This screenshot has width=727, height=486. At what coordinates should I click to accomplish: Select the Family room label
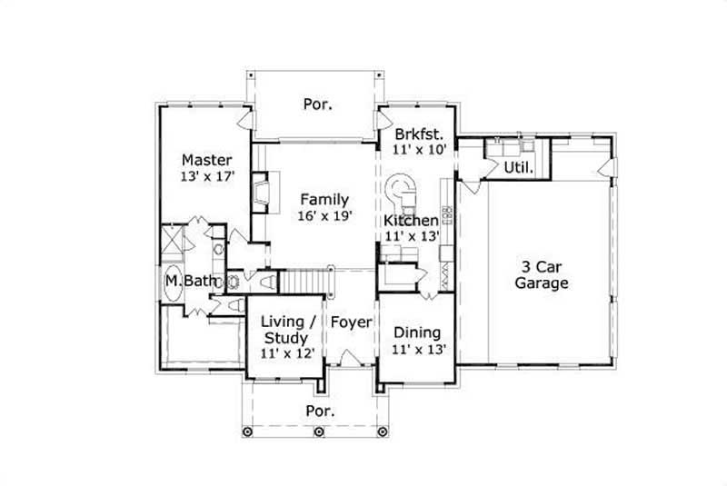324,199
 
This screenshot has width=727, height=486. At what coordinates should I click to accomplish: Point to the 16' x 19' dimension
324,216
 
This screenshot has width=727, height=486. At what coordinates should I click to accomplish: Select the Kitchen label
411,221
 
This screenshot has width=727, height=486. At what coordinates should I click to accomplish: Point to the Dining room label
418,332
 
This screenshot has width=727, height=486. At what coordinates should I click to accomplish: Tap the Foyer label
350,322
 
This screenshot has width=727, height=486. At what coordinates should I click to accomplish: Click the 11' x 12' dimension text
288,354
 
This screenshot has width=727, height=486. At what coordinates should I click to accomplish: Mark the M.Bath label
191,282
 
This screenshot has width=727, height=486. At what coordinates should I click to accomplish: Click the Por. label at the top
317,104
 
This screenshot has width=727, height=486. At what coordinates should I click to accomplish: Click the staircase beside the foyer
302,283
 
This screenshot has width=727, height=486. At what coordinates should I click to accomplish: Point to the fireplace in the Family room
260,192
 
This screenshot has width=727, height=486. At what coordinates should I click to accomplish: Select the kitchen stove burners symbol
446,218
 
